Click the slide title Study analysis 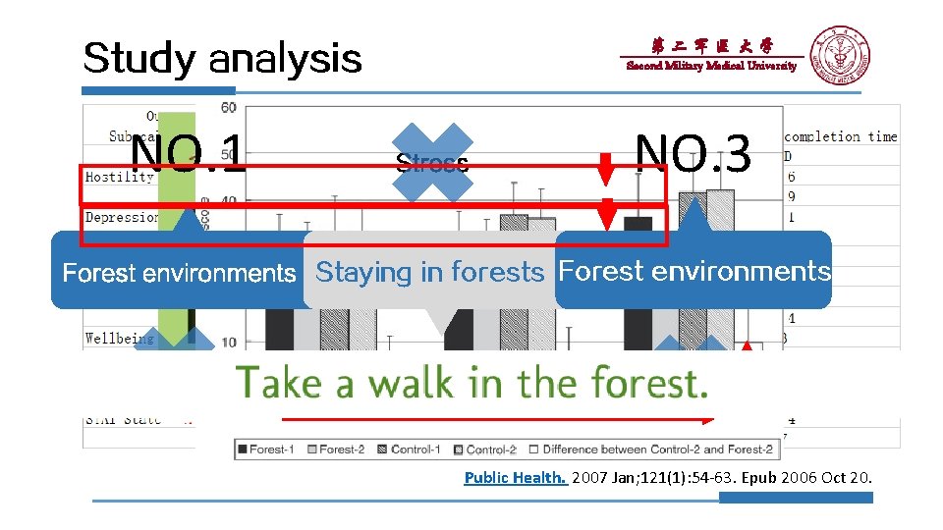pos(222,59)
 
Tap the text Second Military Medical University pos(711,66)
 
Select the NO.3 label pos(693,154)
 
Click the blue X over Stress pos(432,162)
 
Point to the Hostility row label pos(120,178)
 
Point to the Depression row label pos(122,217)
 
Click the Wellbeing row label pos(119,339)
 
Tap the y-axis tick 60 pos(227,107)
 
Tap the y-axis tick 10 pos(227,341)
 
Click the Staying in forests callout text pos(429,272)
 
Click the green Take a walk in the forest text pos(471,382)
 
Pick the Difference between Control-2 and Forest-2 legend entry pos(651,450)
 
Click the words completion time pos(840,137)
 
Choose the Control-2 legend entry pos(483,450)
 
